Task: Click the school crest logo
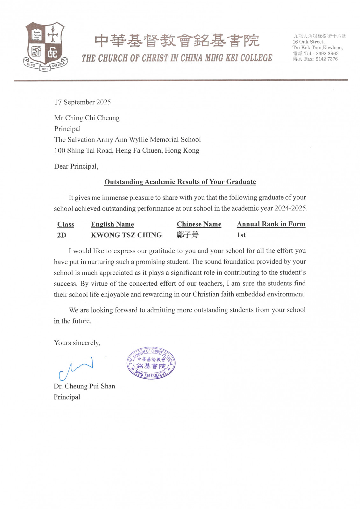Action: (45, 46)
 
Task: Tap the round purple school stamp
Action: (151, 363)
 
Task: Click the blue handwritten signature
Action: (76, 368)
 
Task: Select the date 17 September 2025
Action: (82, 102)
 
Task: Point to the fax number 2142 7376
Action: (327, 59)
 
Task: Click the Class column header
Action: (66, 224)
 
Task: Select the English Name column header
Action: (112, 224)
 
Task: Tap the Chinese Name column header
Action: (199, 224)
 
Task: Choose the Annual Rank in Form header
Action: (271, 224)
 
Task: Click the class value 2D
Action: (62, 235)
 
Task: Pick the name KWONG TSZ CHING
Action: (126, 235)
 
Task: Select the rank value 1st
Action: (241, 235)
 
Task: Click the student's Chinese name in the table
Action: (188, 235)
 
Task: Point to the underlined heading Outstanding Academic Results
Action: (180, 182)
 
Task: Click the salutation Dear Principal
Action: (76, 166)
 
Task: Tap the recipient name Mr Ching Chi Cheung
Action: (87, 118)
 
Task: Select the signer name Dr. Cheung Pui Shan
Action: (84, 386)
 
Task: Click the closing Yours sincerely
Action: (77, 343)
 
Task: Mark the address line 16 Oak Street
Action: (308, 42)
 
